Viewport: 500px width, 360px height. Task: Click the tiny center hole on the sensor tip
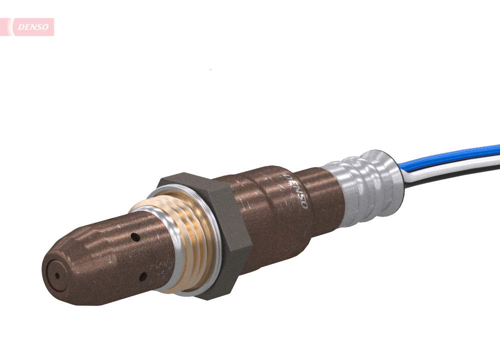56,275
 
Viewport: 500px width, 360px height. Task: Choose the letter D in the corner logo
20,27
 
